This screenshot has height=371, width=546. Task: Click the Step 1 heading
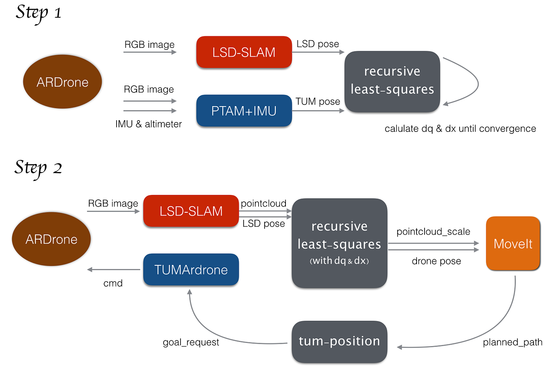(39, 13)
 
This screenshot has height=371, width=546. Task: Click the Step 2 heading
(39, 168)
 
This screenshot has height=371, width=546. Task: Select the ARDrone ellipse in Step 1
(62, 82)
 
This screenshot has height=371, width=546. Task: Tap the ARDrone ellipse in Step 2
(51, 239)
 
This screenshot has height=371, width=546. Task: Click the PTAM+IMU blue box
(244, 111)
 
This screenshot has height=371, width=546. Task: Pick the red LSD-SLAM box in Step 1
(244, 52)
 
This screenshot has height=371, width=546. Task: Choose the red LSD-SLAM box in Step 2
(191, 211)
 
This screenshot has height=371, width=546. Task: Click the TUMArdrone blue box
(191, 270)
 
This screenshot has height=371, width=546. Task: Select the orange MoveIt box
(513, 244)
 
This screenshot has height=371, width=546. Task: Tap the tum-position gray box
(339, 341)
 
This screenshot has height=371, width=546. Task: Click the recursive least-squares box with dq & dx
(339, 243)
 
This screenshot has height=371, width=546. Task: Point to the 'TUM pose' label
(318, 102)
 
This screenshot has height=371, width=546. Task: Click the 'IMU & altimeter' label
(148, 124)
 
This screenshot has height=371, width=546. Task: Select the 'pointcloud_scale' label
(433, 232)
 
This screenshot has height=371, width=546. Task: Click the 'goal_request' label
(191, 342)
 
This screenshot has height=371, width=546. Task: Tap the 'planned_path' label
(512, 342)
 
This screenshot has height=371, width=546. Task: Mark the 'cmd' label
(113, 283)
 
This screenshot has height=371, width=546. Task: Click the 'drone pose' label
(436, 261)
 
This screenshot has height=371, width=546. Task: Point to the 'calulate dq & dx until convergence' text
(460, 129)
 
